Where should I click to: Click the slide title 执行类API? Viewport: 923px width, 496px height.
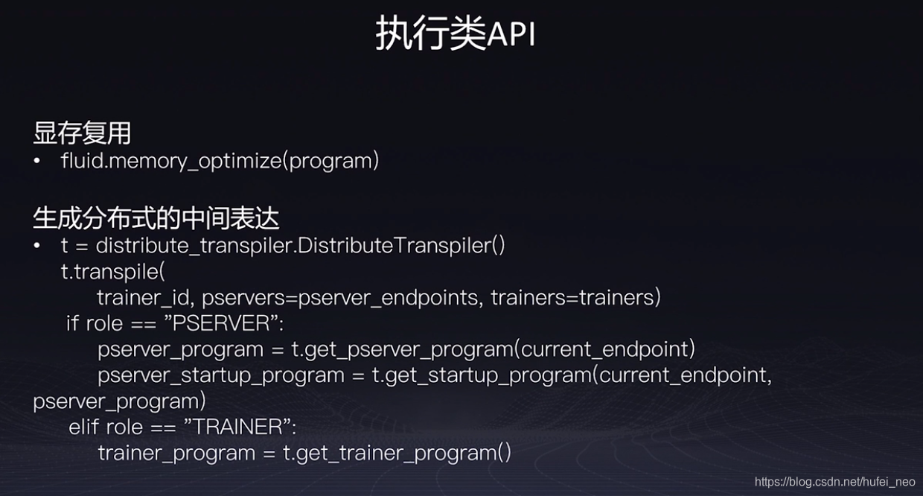tap(456, 33)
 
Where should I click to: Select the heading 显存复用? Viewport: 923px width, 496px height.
tap(82, 133)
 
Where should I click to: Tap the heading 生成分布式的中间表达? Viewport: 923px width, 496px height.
tap(156, 218)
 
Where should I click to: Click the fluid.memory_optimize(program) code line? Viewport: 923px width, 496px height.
tap(220, 161)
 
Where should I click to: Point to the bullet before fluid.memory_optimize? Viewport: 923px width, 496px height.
tap(37, 161)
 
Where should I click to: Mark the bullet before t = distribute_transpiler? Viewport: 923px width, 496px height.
tap(37, 246)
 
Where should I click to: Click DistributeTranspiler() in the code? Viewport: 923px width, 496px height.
tap(400, 246)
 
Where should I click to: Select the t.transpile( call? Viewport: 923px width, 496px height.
tap(113, 272)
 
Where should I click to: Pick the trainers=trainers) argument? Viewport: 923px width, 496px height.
tap(575, 298)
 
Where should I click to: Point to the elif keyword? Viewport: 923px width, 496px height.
tap(83, 427)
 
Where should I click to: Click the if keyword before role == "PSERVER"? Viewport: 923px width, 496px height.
tap(72, 323)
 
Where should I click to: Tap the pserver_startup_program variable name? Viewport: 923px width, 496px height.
tap(221, 375)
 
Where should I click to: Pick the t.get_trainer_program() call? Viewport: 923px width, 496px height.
tap(397, 453)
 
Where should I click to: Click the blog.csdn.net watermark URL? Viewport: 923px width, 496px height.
tap(835, 482)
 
